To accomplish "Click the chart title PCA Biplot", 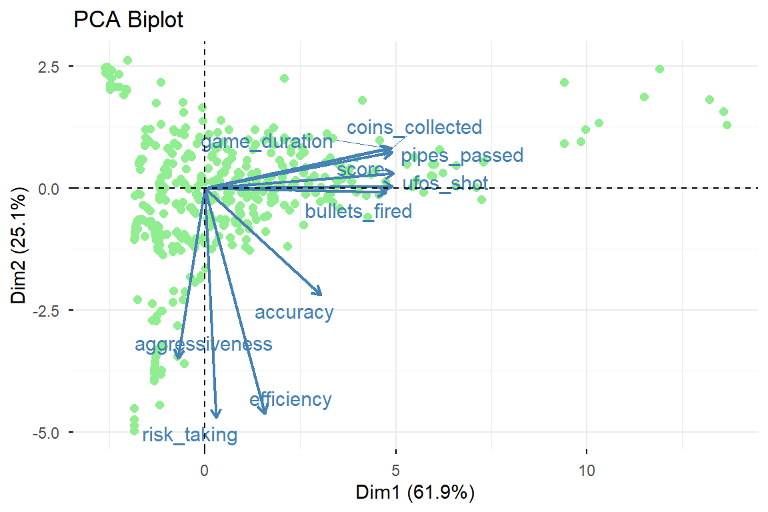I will (x=129, y=21).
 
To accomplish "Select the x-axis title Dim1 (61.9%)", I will (x=415, y=493).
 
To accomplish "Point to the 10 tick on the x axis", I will (x=587, y=470).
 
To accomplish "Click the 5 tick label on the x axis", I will (x=395, y=470).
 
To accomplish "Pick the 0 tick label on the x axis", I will (x=204, y=470).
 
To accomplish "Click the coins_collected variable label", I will (x=414, y=127).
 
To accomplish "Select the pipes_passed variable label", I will (x=462, y=156).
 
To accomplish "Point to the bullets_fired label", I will (x=359, y=212).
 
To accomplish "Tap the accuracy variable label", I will (x=294, y=312).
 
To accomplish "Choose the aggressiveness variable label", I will (x=203, y=344).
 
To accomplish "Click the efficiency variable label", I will (x=290, y=399).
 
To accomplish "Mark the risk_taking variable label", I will (x=189, y=435).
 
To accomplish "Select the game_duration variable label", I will (x=266, y=142).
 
